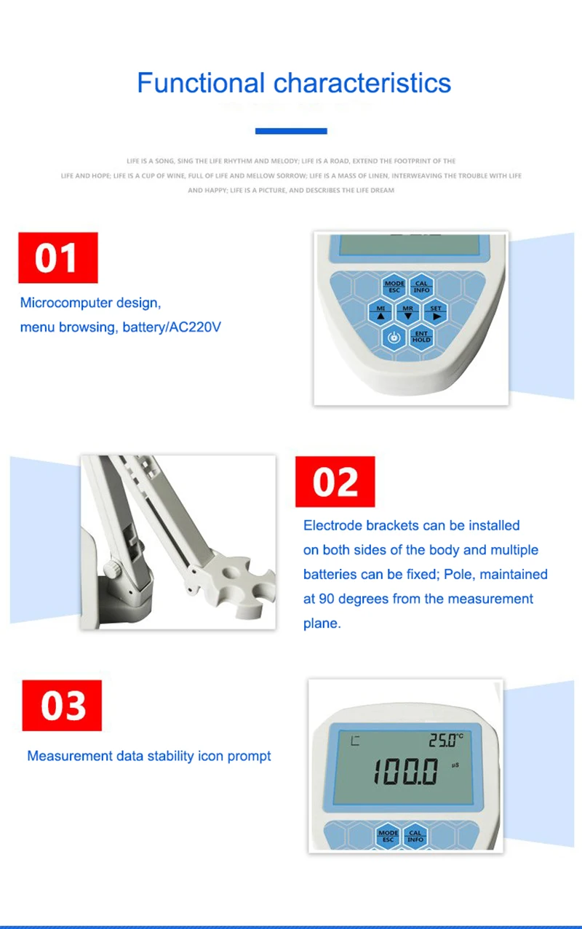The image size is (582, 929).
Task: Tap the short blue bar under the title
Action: click(x=291, y=131)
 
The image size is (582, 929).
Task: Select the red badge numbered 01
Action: click(x=57, y=258)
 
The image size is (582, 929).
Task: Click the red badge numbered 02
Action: click(x=335, y=482)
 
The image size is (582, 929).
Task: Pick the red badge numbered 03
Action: click(x=63, y=706)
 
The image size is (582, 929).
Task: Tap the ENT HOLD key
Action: click(x=421, y=337)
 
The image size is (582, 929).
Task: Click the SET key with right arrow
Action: click(x=436, y=312)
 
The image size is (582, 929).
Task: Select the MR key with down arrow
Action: click(x=407, y=312)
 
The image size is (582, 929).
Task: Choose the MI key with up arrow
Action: click(x=380, y=312)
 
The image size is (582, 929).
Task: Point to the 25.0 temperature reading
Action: click(x=443, y=741)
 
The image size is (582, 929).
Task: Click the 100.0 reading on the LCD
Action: click(x=407, y=771)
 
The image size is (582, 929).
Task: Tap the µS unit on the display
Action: click(x=455, y=765)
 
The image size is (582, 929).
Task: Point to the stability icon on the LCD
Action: click(x=355, y=741)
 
